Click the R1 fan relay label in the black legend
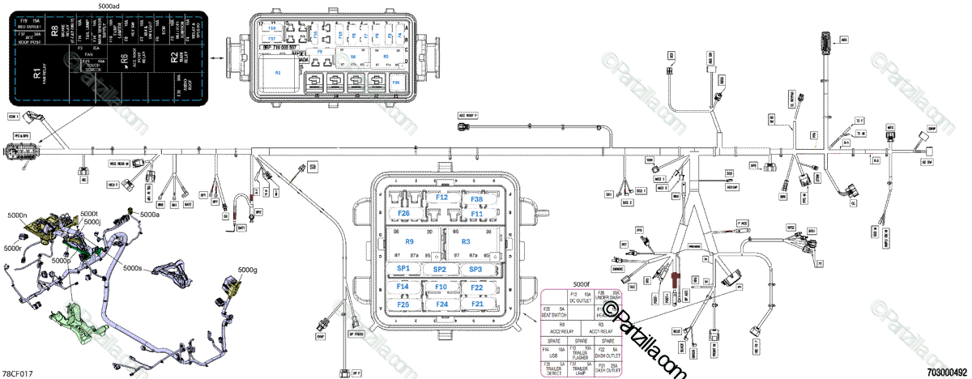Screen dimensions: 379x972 click(x=37, y=77)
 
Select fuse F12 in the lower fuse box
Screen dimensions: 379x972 click(x=441, y=198)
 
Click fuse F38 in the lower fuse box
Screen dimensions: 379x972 click(x=477, y=198)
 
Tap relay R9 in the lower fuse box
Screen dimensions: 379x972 click(x=410, y=242)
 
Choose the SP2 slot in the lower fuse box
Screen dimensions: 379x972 click(x=439, y=269)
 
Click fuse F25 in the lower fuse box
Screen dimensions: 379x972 click(x=403, y=304)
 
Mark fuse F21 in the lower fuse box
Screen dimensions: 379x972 click(x=477, y=304)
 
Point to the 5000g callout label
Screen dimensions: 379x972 click(x=247, y=270)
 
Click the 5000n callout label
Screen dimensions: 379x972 click(x=18, y=216)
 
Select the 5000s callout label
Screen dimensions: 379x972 click(x=132, y=267)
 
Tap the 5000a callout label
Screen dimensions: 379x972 click(x=151, y=215)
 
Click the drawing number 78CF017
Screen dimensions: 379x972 click(x=18, y=373)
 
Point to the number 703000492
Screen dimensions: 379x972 click(x=947, y=373)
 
